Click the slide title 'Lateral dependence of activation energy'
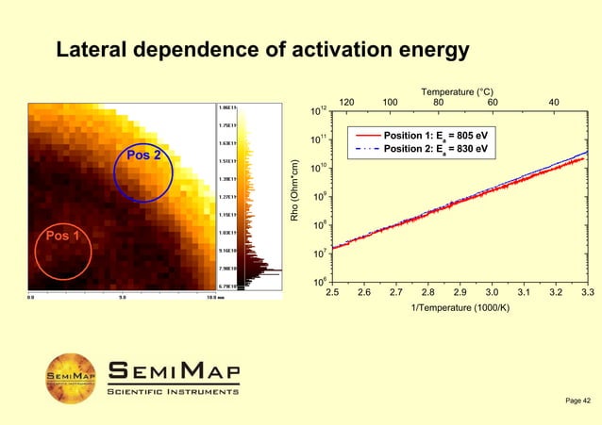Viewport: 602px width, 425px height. click(x=262, y=49)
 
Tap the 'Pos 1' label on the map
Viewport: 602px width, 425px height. click(x=57, y=236)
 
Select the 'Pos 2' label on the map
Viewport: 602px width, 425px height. click(x=143, y=155)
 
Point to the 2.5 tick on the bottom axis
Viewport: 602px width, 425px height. click(x=332, y=293)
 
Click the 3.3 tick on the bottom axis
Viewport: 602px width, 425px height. click(x=587, y=293)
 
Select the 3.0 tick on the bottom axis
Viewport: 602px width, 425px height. click(x=492, y=293)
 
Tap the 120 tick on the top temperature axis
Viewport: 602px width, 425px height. click(x=346, y=102)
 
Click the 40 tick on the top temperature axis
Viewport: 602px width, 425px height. click(x=554, y=102)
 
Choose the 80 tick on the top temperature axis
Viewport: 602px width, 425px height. click(x=439, y=102)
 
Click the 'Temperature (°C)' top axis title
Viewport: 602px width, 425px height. click(x=457, y=91)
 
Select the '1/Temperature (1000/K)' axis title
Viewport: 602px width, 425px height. click(x=460, y=308)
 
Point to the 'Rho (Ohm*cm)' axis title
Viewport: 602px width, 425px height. click(x=294, y=196)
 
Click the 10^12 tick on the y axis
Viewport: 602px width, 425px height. click(x=318, y=113)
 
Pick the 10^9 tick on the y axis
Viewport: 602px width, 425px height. click(x=318, y=198)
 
